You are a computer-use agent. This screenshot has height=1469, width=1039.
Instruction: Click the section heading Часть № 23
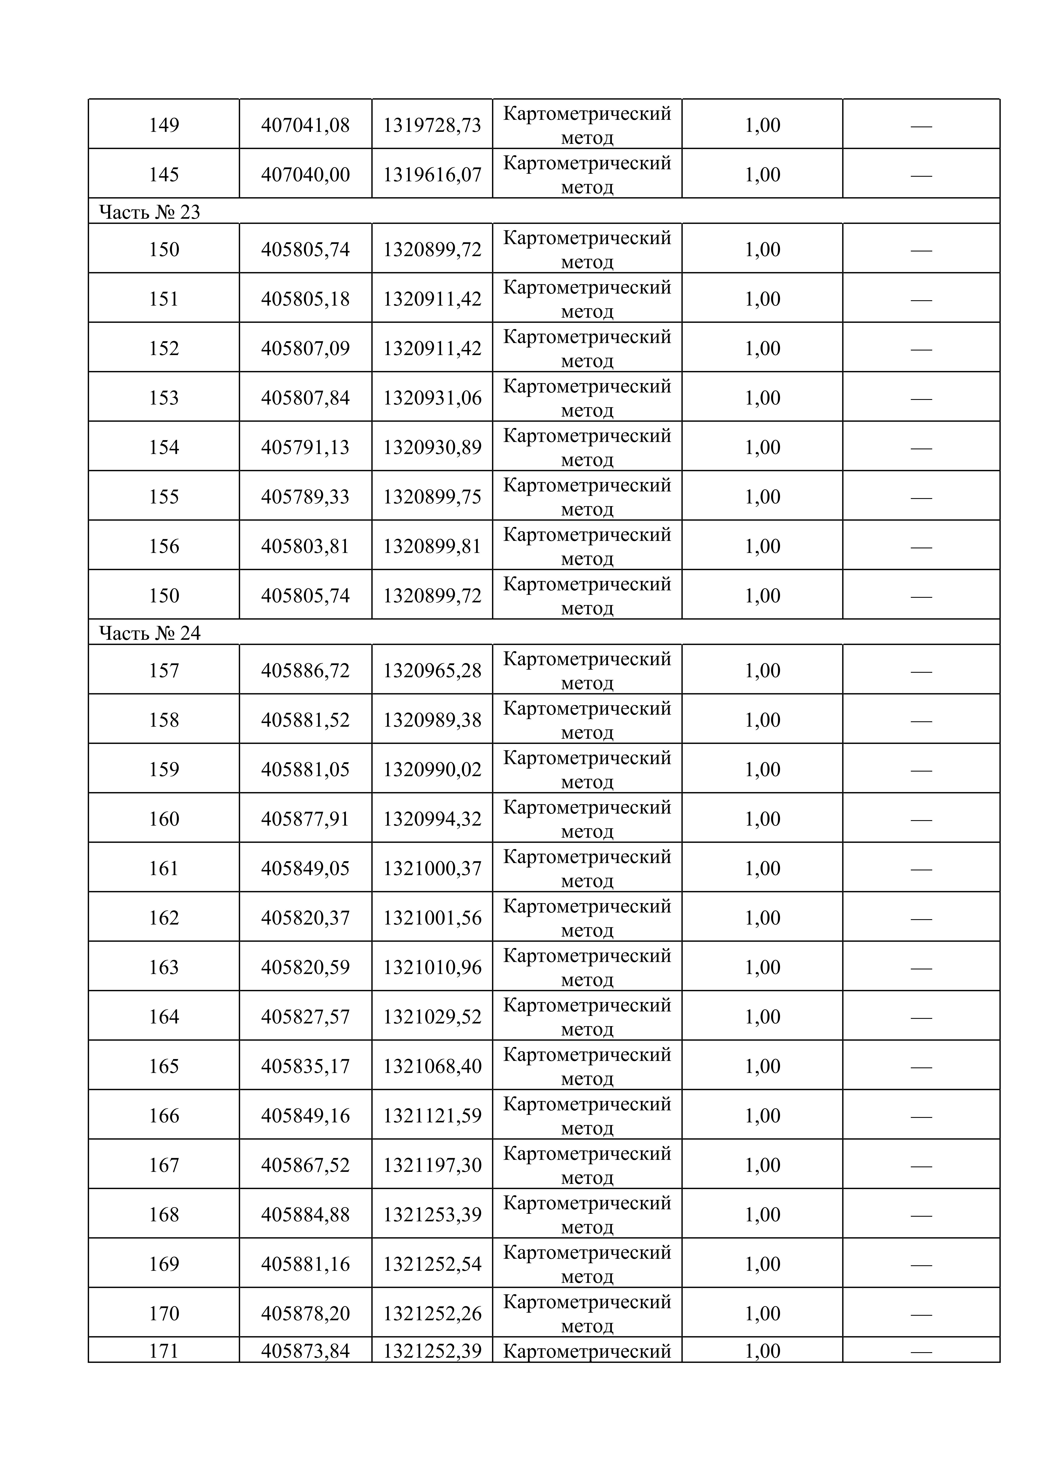click(150, 212)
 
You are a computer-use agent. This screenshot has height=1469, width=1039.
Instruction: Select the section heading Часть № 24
click(150, 633)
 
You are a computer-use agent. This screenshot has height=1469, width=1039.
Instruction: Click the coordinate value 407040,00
click(305, 174)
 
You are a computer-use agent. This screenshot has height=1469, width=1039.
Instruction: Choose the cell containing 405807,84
click(305, 397)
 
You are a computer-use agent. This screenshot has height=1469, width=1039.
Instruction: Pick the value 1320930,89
click(432, 447)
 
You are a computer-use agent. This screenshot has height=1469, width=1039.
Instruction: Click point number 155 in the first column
click(164, 496)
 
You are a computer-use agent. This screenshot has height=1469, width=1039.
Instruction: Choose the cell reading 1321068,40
click(432, 1066)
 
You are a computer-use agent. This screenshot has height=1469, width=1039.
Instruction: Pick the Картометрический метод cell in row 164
click(587, 1017)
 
